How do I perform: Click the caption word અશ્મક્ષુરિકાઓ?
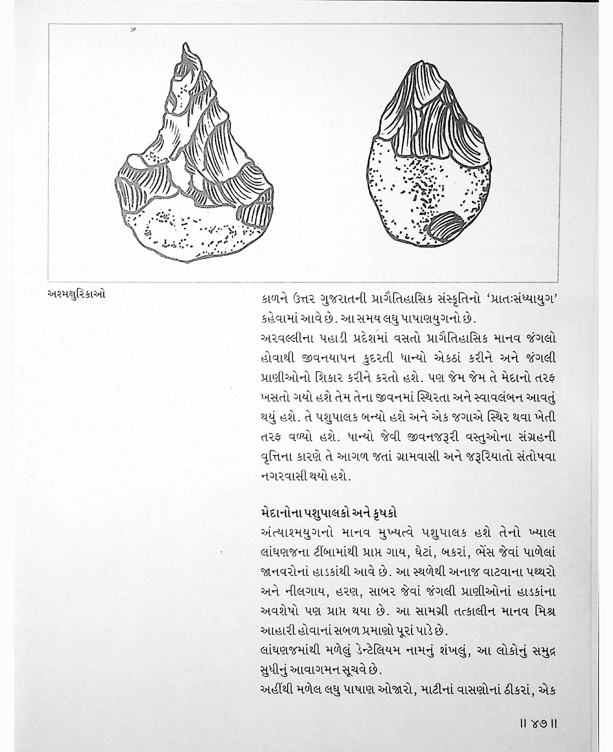pos(76,295)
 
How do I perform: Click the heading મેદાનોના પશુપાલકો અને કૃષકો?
pos(328,512)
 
